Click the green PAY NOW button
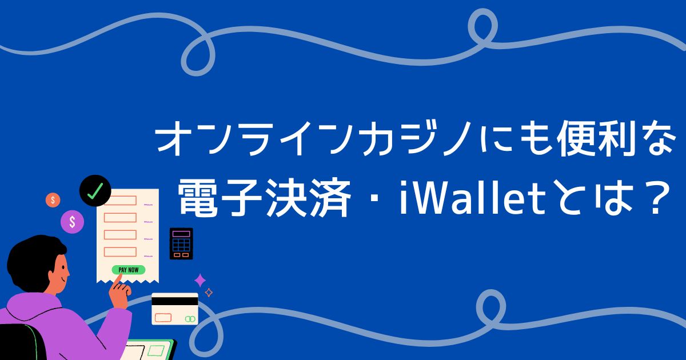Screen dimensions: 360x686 coord(128,270)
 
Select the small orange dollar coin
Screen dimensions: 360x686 coord(53,200)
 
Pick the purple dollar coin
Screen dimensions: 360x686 coord(73,222)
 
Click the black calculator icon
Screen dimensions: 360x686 coord(181,243)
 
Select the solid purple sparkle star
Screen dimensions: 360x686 coord(200,280)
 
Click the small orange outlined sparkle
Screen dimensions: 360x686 coord(209,293)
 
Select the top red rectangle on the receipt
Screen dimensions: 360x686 coord(120,201)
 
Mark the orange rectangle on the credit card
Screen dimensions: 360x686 coord(163,317)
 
